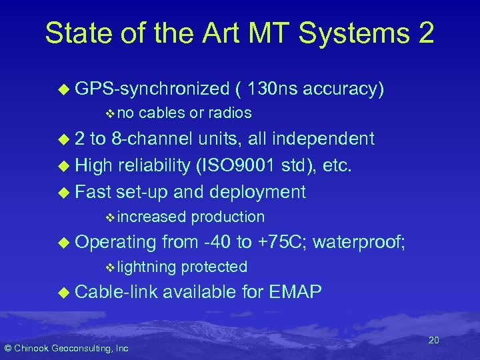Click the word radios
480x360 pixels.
(x=229, y=113)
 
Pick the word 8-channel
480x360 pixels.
(x=159, y=139)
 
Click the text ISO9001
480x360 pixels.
(x=247, y=165)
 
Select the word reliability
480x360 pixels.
(x=156, y=165)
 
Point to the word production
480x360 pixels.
(x=228, y=217)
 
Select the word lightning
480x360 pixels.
(x=147, y=267)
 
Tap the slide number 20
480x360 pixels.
(x=433, y=341)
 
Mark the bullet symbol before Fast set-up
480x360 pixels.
(x=64, y=193)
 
